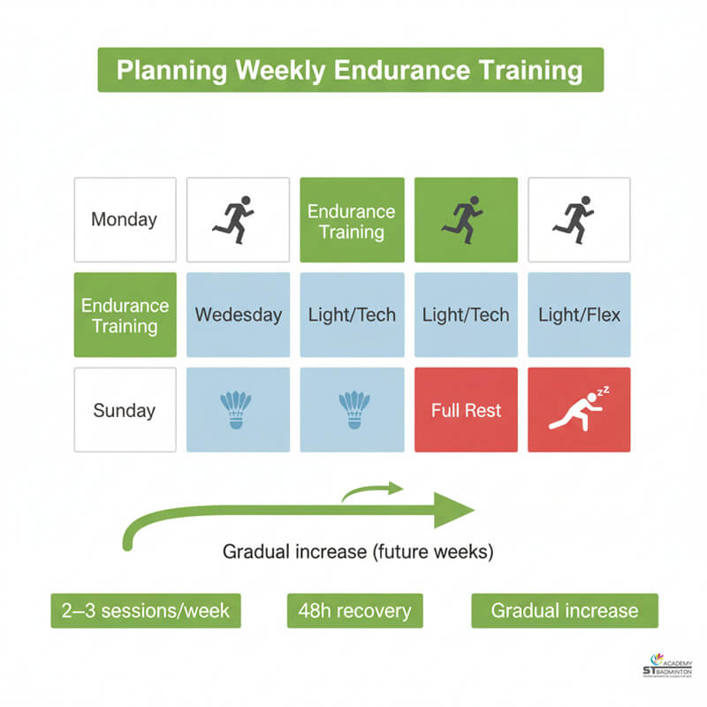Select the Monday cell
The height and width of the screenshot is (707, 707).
tap(125, 219)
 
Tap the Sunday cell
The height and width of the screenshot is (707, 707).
tap(125, 410)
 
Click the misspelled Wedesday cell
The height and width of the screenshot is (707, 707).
tap(238, 315)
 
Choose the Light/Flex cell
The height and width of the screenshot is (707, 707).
tap(579, 315)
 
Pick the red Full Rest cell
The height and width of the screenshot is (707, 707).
tap(466, 410)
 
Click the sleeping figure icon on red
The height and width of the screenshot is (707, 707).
tap(579, 410)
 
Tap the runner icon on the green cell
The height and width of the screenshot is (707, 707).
tap(466, 219)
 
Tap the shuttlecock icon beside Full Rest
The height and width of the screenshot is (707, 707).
tap(353, 410)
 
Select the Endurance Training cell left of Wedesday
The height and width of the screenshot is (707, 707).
tap(125, 315)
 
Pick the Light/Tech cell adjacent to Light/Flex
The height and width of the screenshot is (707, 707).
tap(466, 315)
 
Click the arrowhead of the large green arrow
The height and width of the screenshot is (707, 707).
tap(455, 510)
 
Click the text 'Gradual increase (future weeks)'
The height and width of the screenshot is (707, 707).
tap(358, 552)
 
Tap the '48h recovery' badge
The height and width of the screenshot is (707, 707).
tap(354, 611)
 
